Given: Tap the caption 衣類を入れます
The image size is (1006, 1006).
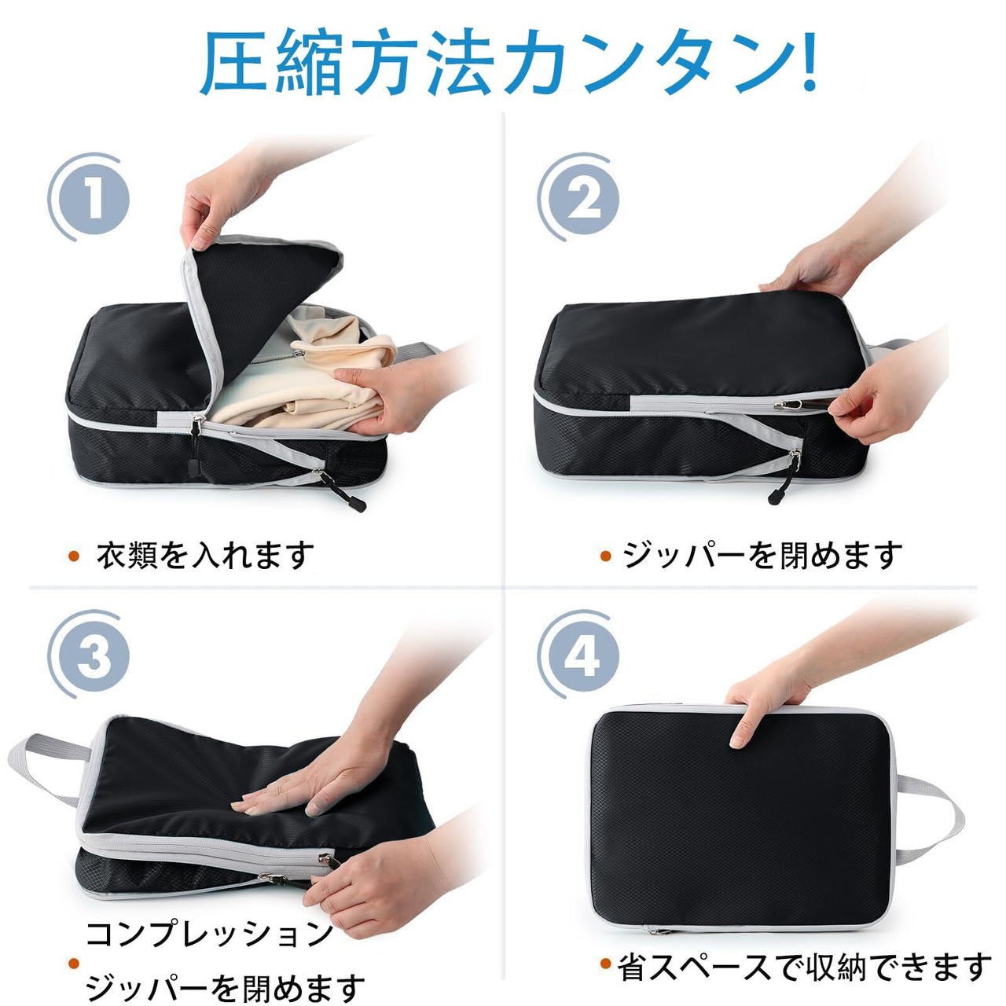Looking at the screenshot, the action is coord(205,556).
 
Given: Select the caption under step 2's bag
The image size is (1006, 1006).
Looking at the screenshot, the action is coord(762,556).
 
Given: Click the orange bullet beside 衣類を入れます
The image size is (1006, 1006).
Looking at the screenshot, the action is coord(74,556).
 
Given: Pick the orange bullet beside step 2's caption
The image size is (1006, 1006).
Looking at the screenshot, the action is coord(606,556).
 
